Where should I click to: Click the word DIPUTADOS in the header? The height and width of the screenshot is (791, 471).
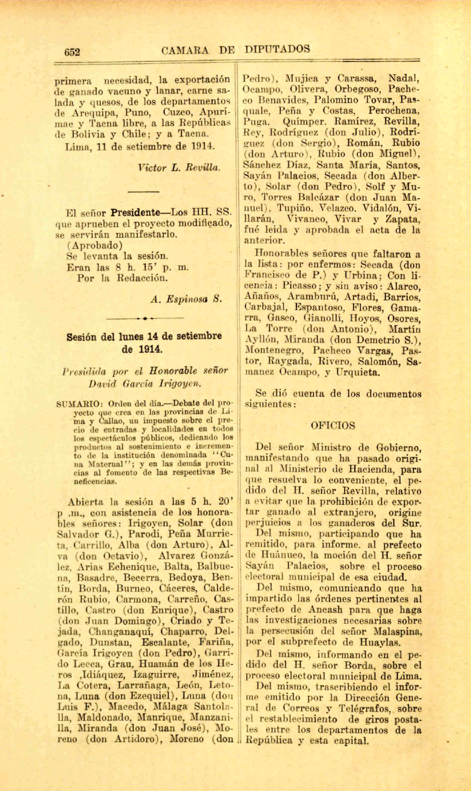[x=277, y=49]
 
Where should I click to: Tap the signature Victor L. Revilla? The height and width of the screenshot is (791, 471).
[x=179, y=168]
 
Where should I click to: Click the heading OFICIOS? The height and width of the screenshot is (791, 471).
[x=333, y=426]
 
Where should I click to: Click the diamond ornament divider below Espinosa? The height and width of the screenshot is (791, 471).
[x=145, y=318]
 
